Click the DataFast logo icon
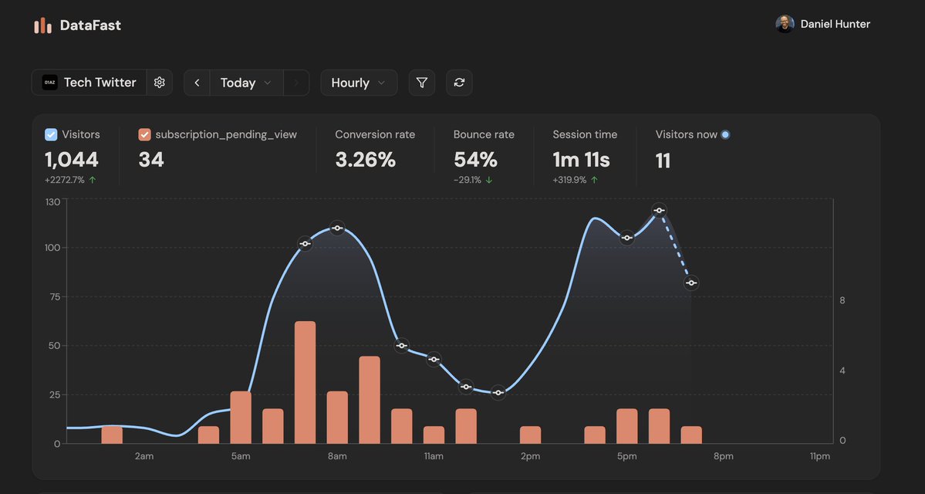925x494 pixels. click(42, 25)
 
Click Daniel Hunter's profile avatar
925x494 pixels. click(785, 24)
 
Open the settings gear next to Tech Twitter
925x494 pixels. click(160, 83)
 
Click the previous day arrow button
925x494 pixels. click(197, 83)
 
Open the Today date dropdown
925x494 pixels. click(245, 83)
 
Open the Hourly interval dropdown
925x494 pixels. click(359, 83)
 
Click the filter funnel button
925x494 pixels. click(421, 83)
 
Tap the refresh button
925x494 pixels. click(459, 83)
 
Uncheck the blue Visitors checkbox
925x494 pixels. click(51, 134)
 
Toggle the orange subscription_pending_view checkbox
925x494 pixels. click(144, 134)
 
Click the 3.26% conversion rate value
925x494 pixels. click(365, 160)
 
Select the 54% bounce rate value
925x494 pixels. click(475, 160)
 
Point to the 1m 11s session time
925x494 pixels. click(581, 160)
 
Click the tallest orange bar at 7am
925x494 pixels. click(306, 382)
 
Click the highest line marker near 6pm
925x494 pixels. click(659, 210)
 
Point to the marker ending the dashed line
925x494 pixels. click(691, 283)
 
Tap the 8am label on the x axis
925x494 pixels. click(337, 456)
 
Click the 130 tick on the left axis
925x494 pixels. click(52, 201)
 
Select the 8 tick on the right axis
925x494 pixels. click(842, 300)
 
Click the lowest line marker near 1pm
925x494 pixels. click(498, 393)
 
